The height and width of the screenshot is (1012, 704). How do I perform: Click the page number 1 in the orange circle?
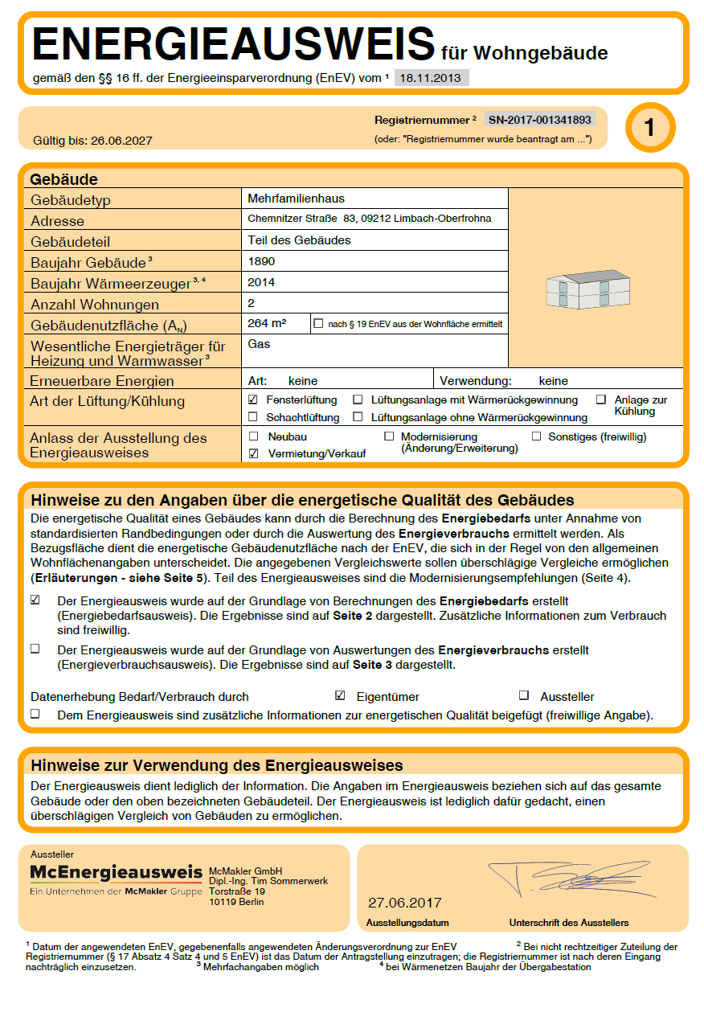(x=650, y=128)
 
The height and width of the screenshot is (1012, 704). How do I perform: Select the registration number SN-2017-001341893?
(x=540, y=120)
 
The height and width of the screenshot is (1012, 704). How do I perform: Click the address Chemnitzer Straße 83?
(x=302, y=219)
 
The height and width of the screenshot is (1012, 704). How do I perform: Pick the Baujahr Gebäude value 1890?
(x=261, y=261)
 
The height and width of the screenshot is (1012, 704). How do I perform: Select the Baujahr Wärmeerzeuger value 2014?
(x=261, y=282)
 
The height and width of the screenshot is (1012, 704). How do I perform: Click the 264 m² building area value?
(x=268, y=323)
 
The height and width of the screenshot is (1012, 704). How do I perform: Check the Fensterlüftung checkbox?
(x=253, y=399)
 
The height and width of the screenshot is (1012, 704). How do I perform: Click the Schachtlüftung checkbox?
(x=253, y=417)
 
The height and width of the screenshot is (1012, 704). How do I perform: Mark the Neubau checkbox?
(x=253, y=436)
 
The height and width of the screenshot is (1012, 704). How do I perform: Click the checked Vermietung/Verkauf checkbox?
(x=253, y=453)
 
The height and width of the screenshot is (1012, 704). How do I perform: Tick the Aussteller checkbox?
(x=524, y=696)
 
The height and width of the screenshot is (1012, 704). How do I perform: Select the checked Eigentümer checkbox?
(x=340, y=696)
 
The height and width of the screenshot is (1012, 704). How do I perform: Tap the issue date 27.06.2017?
(x=405, y=903)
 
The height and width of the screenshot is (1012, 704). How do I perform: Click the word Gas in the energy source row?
(x=259, y=344)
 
